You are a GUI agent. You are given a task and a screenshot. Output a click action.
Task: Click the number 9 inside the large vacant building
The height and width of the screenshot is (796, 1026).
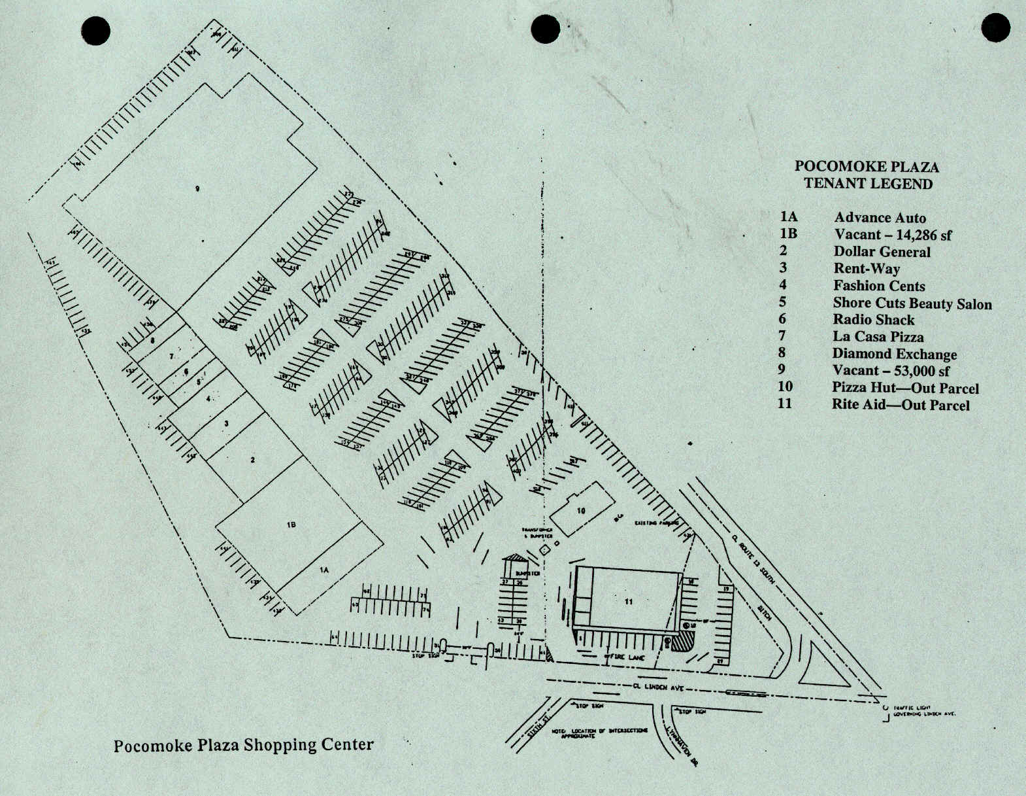197,189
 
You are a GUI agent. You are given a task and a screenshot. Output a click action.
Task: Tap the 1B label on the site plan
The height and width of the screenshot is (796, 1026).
291,525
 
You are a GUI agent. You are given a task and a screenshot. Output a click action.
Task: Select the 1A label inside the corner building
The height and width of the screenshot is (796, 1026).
323,570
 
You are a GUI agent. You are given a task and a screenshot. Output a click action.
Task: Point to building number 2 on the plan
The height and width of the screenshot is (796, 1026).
252,460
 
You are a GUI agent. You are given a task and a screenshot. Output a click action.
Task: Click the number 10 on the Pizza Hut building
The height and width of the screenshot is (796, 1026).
581,511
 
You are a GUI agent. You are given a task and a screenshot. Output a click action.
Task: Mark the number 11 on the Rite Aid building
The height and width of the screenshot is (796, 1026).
629,602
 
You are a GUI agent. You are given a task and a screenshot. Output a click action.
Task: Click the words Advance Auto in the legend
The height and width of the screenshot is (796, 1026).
880,218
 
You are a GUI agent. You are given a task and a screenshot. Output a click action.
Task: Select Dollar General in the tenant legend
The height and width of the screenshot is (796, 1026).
882,252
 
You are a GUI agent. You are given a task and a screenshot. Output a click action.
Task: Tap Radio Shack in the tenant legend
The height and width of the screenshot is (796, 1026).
873,320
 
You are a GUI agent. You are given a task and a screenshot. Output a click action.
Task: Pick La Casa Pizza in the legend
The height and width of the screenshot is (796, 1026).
878,337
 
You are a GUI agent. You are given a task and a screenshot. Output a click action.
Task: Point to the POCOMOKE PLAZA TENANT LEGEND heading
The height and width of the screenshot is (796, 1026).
867,175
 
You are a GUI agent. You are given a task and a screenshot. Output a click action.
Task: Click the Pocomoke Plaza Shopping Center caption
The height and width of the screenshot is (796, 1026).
243,745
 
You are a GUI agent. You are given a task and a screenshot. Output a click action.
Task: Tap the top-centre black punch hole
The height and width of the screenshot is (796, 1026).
545,29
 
